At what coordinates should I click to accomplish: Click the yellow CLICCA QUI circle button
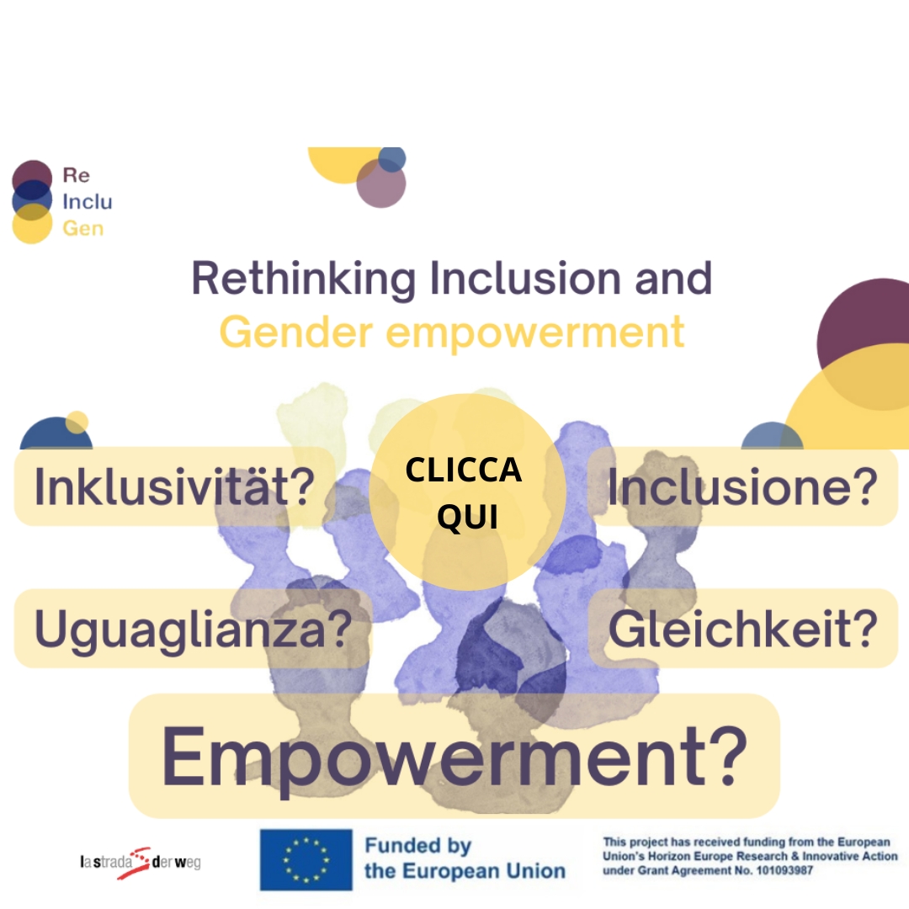467,492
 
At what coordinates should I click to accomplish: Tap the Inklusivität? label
174,486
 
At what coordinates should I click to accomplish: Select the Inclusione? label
742,486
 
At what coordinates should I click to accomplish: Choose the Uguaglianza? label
193,629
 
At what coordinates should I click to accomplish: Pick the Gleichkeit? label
742,629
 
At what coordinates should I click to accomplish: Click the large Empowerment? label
454,756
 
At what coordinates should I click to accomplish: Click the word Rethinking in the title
304,279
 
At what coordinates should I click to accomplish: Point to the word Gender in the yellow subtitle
296,332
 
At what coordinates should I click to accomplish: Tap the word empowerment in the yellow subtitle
535,333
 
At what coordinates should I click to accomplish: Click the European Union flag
306,859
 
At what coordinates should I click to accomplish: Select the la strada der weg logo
141,863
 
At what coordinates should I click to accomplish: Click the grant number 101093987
784,870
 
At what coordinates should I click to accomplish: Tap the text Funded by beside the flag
418,846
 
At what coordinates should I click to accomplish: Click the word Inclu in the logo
88,201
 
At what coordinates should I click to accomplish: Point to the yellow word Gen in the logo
82,228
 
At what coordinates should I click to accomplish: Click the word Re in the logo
76,174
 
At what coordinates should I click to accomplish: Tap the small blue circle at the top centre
392,159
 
